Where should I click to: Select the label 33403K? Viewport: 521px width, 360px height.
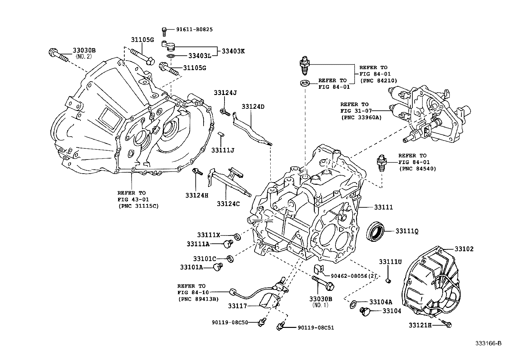[233, 51]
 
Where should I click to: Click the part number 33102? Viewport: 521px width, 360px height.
[464, 249]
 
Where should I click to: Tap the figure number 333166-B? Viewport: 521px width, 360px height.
[488, 343]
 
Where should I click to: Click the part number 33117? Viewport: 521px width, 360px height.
[237, 306]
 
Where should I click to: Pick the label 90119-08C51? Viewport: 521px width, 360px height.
[315, 327]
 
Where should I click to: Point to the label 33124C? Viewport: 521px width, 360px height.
[228, 204]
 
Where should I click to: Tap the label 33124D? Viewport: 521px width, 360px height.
[253, 107]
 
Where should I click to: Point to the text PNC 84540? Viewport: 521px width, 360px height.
[418, 169]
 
